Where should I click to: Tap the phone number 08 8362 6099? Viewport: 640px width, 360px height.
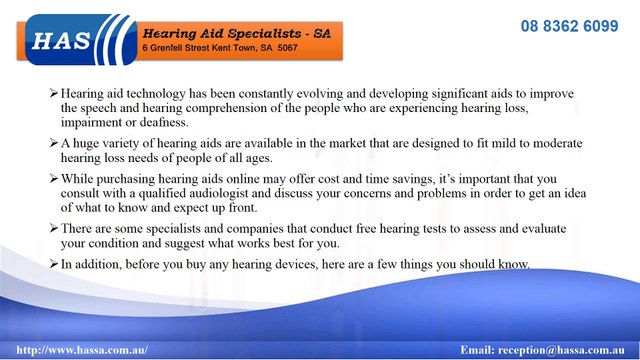[569, 26]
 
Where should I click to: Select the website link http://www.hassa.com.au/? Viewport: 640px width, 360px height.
[82, 350]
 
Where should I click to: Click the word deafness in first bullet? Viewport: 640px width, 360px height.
[161, 123]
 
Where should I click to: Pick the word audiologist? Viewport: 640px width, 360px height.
[247, 193]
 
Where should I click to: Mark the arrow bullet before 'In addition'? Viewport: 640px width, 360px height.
[54, 263]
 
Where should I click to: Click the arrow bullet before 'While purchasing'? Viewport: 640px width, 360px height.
[54, 179]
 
